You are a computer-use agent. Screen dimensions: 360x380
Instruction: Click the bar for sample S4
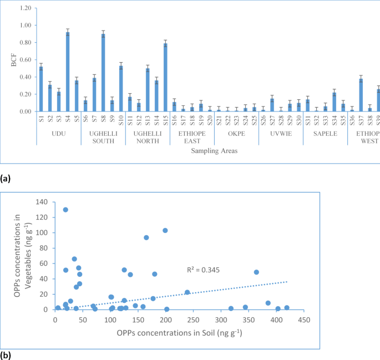coord(68,72)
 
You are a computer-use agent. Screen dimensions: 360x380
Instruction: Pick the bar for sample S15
coord(165,78)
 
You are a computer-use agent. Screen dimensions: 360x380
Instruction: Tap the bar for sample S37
coord(361,95)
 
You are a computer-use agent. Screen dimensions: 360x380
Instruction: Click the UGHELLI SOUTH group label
coord(103,136)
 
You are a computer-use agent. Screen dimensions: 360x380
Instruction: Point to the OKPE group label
coord(236,133)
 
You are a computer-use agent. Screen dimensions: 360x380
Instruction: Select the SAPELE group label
coord(325,133)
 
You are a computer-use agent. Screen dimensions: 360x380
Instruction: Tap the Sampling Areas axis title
coord(208,150)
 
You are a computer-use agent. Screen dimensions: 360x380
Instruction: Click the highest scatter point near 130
coord(65,210)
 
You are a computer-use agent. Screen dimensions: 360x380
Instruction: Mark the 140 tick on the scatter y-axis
coord(42,202)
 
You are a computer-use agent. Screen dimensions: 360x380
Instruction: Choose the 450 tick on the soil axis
coord(304,320)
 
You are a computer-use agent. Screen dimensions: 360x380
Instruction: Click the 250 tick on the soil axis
coord(193,320)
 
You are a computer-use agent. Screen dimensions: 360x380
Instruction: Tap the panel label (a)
coord(6,179)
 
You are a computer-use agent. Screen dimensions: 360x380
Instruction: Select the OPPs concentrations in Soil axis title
coord(179,333)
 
